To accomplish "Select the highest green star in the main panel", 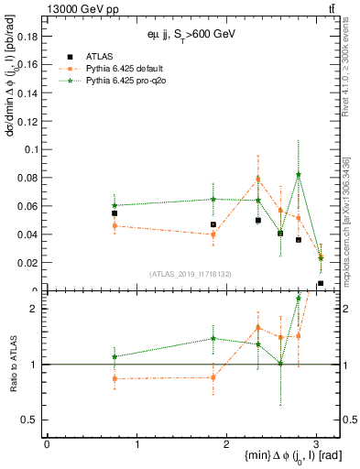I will point(299,175).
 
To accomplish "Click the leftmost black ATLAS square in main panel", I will point(115,213).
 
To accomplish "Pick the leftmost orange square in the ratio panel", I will point(115,378).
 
